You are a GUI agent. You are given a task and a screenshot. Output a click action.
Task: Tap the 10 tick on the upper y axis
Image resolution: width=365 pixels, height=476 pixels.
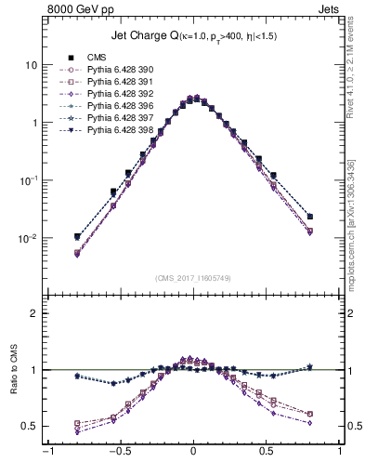32,65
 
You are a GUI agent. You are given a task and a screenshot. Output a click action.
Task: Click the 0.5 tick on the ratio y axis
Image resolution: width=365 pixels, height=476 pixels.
29,426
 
